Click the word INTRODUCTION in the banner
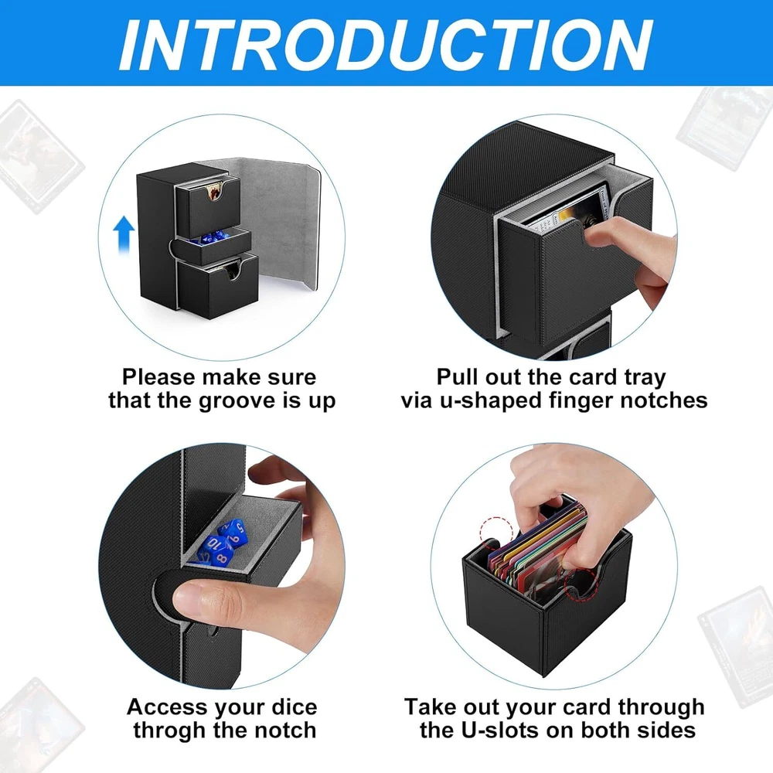[x=386, y=45]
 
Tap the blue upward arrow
[x=124, y=234]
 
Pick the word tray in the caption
[x=645, y=378]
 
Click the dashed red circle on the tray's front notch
[x=581, y=584]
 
